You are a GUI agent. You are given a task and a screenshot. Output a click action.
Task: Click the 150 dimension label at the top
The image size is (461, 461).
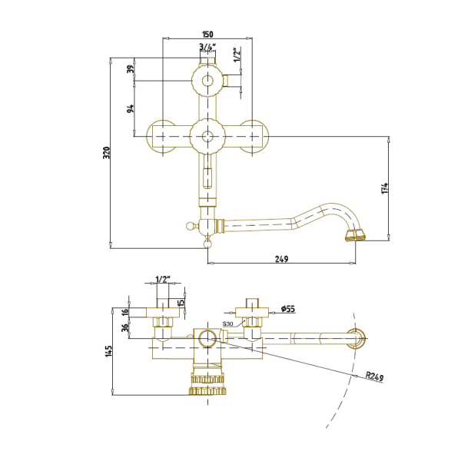(207, 34)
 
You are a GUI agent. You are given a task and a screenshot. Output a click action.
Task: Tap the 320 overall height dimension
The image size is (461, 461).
(107, 153)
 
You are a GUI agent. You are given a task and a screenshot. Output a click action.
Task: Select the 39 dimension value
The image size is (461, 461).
(131, 69)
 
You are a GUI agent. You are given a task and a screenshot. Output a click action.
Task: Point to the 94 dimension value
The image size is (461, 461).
(131, 108)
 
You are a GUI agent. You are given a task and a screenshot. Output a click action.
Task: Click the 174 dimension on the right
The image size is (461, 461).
(384, 188)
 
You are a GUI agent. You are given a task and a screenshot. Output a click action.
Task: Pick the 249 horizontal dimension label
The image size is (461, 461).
(281, 259)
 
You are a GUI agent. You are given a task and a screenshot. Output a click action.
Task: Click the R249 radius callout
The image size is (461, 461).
(375, 376)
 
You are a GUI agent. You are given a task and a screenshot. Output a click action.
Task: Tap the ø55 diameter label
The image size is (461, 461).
(288, 309)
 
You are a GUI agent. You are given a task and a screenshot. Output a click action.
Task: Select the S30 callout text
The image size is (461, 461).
(227, 324)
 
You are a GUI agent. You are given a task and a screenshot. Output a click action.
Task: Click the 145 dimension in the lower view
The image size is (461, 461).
(108, 351)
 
